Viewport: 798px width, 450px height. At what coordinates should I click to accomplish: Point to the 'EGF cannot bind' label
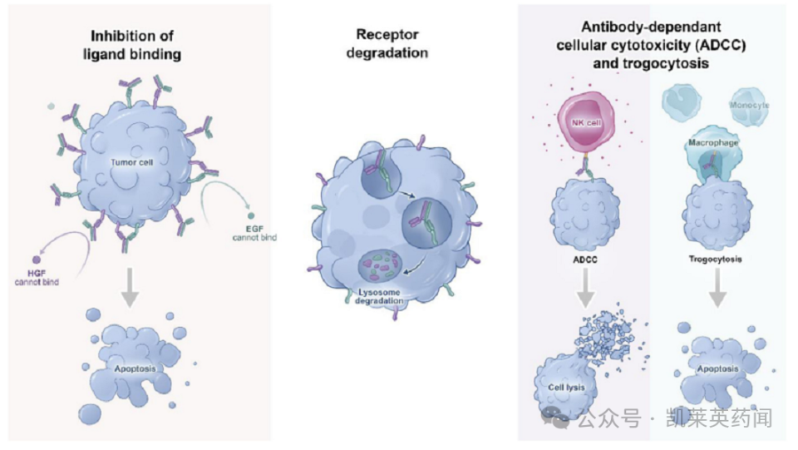254,233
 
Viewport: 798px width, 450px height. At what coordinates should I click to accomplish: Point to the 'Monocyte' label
748,106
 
